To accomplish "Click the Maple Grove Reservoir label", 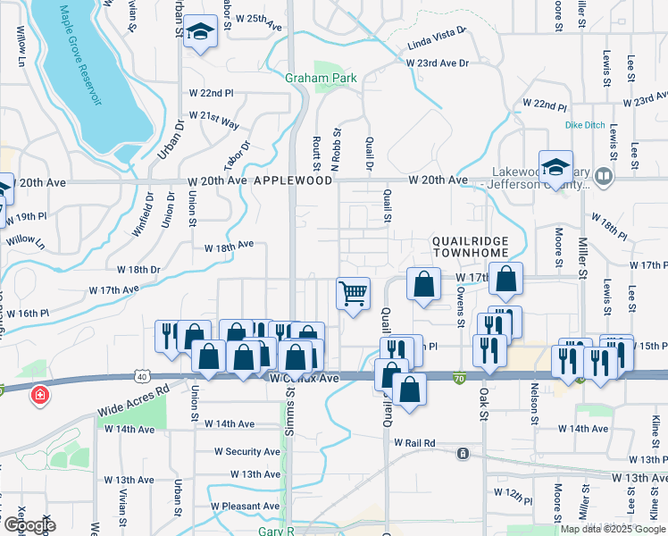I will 79,56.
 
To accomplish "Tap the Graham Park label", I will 321,78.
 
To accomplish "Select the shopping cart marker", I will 354,292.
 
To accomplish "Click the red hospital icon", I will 39,395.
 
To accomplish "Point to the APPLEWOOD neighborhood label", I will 293,180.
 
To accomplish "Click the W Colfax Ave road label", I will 305,379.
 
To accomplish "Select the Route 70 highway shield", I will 460,379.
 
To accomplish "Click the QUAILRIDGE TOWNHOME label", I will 470,247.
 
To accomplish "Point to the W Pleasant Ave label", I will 246,506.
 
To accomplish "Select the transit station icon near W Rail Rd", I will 463,454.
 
